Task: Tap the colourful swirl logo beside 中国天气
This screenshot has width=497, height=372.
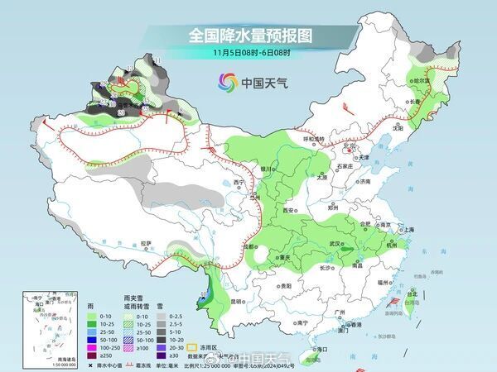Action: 227,82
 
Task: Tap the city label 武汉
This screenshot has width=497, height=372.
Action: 335,244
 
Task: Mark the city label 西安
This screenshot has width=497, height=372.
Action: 289,211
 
